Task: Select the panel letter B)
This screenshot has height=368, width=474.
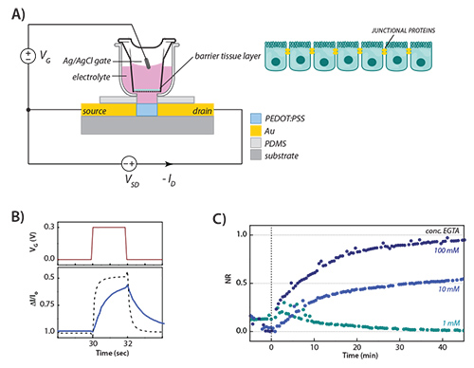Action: coord(13,211)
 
